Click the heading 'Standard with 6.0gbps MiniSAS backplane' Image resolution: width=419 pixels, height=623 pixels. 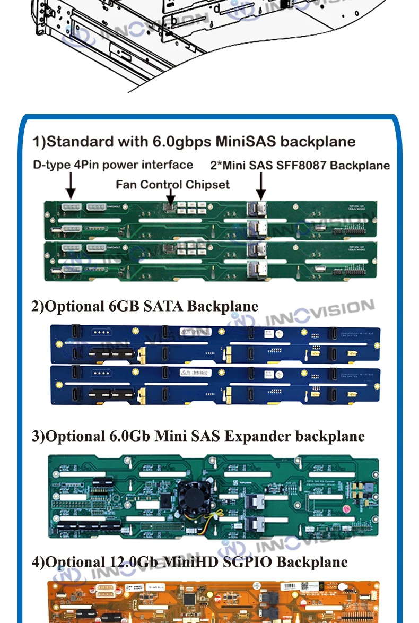(x=194, y=142)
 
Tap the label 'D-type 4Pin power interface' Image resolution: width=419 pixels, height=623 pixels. (x=113, y=165)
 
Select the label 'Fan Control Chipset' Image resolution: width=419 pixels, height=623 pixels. (x=173, y=184)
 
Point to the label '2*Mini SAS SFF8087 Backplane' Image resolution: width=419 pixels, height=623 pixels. (x=300, y=165)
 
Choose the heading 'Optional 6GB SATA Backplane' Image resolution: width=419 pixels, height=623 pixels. (x=145, y=306)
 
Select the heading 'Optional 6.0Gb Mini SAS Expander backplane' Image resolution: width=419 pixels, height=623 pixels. (x=198, y=436)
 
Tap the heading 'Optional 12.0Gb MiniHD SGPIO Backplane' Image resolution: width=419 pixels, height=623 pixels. (x=189, y=561)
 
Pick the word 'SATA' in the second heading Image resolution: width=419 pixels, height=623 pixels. (x=163, y=306)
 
